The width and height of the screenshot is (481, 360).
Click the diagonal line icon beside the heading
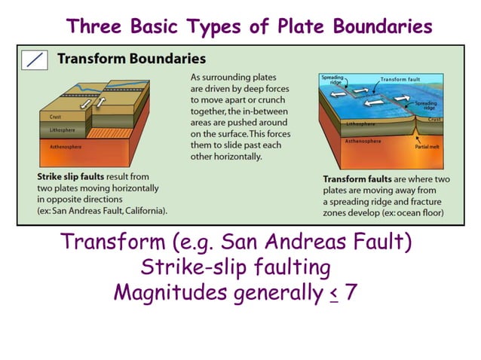35,59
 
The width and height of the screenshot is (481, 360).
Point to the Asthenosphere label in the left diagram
57,147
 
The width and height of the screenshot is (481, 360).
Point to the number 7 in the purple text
351,292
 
